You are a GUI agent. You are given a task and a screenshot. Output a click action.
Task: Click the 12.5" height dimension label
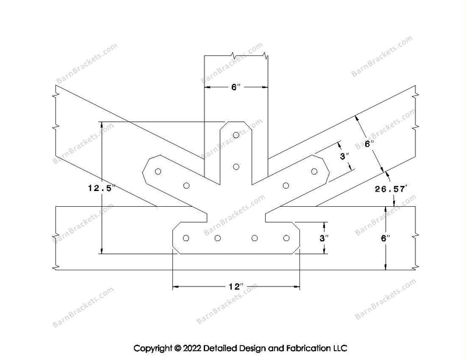tap(101, 188)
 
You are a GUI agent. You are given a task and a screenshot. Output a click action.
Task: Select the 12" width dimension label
tap(236, 287)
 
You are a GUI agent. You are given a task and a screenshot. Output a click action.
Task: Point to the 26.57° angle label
tap(391, 189)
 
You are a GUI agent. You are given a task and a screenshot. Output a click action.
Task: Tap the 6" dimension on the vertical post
tap(236, 87)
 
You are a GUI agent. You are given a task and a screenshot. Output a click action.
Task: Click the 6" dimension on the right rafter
tap(369, 144)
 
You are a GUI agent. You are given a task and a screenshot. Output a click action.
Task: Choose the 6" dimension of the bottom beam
tap(386, 238)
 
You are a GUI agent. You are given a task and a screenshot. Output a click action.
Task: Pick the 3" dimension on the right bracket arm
tap(344, 156)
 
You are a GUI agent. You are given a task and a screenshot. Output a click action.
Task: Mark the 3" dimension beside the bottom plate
tap(324, 238)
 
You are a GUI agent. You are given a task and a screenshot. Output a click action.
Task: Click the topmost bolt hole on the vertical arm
tap(236, 135)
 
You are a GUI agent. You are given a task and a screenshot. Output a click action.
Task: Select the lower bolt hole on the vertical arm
tap(236, 167)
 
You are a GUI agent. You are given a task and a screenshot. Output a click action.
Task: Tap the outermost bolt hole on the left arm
tap(158, 171)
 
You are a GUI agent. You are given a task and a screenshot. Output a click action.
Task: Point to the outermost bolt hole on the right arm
tap(314, 171)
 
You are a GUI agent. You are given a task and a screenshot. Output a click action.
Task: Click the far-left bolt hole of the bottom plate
tap(186, 238)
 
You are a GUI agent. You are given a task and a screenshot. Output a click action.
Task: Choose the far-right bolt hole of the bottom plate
tap(287, 238)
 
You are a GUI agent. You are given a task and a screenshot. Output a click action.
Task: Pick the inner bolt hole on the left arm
tap(186, 186)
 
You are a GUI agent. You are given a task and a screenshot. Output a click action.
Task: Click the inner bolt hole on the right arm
tap(286, 186)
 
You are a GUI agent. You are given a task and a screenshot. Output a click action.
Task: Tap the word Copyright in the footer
tap(153, 348)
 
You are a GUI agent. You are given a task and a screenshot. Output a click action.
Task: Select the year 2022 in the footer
tap(192, 348)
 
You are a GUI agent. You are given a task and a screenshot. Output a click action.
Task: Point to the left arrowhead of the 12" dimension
tap(175, 287)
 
